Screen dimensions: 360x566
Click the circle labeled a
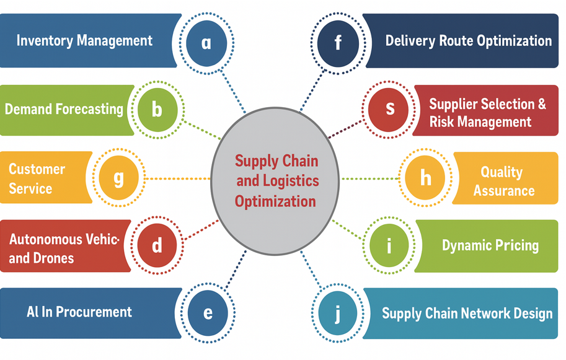pos(206,42)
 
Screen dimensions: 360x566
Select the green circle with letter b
pos(157,110)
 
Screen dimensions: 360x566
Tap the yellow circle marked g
pos(118,178)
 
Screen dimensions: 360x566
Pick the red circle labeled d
pos(157,245)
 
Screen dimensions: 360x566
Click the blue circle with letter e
pos(208,312)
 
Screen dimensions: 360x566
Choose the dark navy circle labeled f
pos(338,42)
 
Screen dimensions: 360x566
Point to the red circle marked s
pos(390,108)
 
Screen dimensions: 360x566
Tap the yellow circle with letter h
pos(425,178)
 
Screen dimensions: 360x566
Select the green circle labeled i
pos(389,245)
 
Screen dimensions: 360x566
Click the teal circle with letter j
pos(338,313)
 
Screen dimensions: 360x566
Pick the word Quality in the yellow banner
pos(502,172)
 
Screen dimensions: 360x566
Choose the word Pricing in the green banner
pos(516,245)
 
